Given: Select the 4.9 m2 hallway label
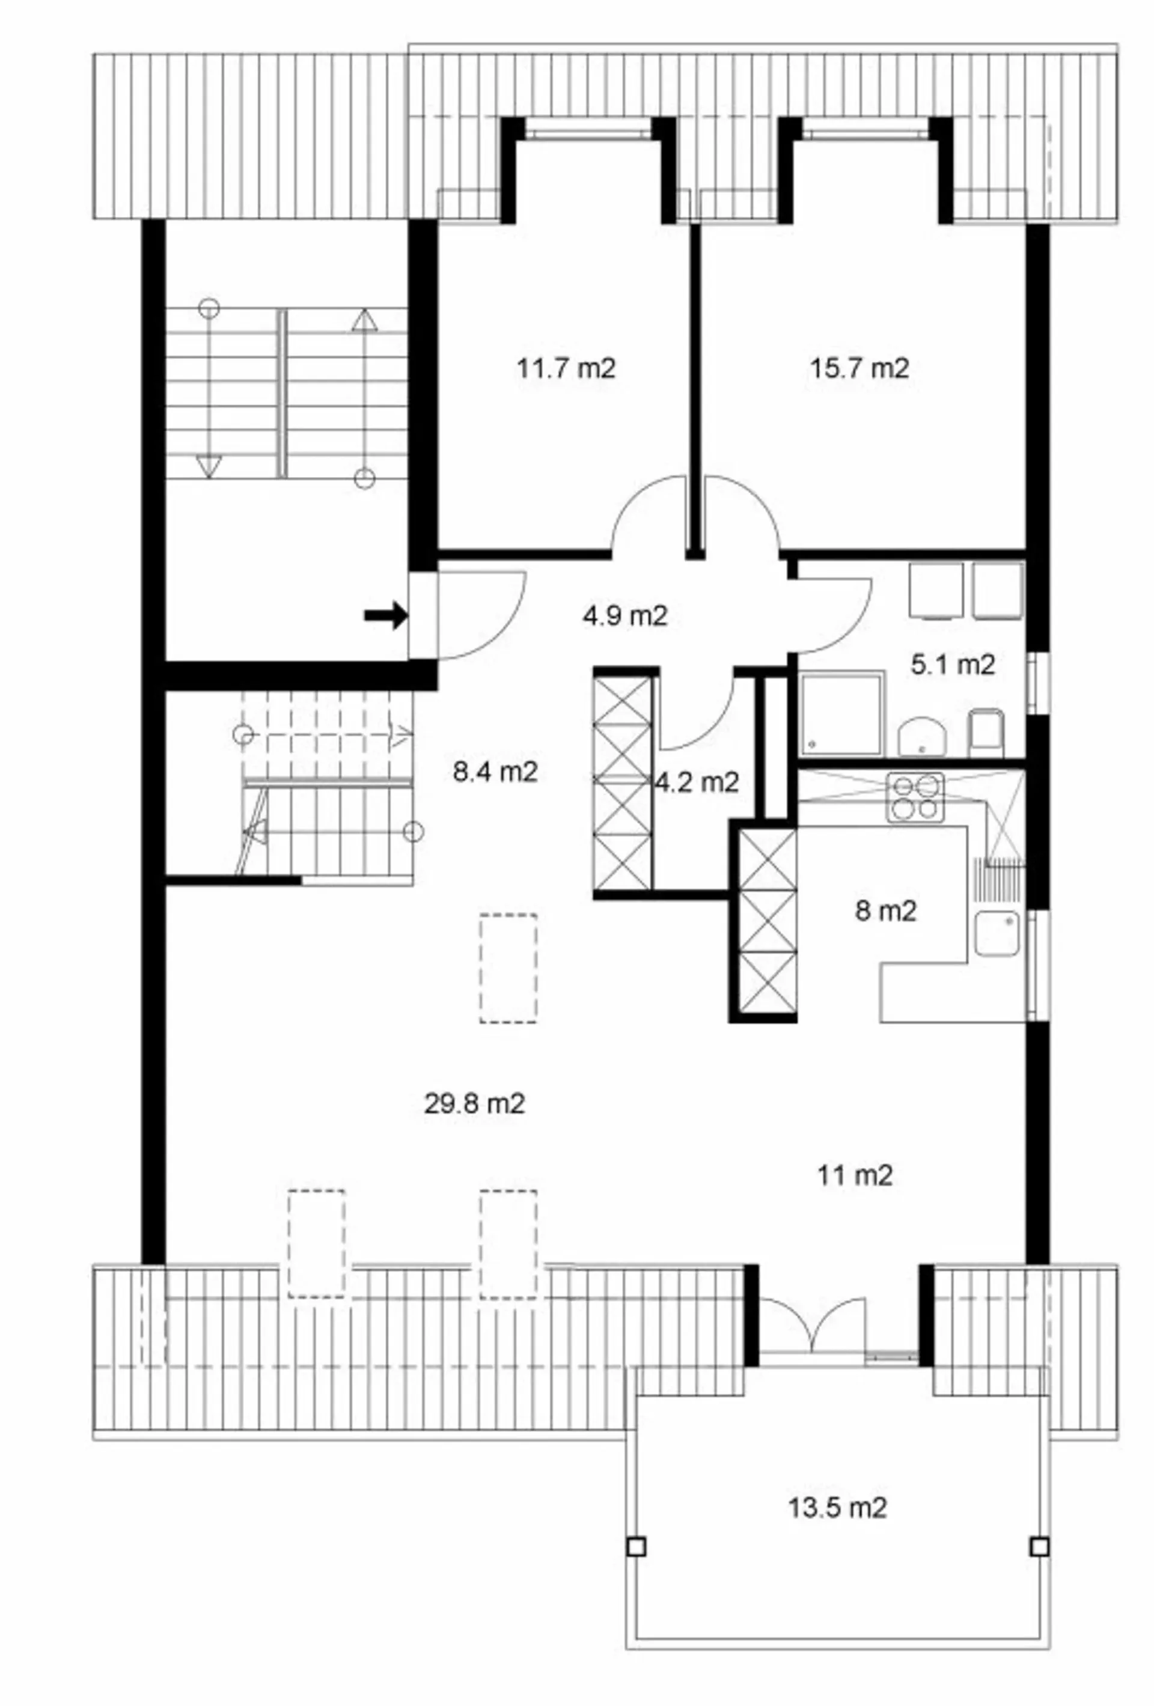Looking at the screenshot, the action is tap(624, 615).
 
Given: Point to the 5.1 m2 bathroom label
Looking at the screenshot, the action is tap(952, 665).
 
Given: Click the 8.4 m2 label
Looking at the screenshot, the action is tap(495, 772).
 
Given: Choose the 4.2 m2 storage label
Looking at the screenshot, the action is tap(697, 782).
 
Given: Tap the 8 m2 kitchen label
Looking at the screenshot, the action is tap(886, 911).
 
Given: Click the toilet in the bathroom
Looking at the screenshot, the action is tap(986, 732).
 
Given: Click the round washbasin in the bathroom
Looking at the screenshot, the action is tap(922, 736).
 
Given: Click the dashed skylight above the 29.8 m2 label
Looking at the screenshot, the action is tap(508, 968).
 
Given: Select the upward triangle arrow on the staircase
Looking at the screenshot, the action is tap(364, 318).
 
